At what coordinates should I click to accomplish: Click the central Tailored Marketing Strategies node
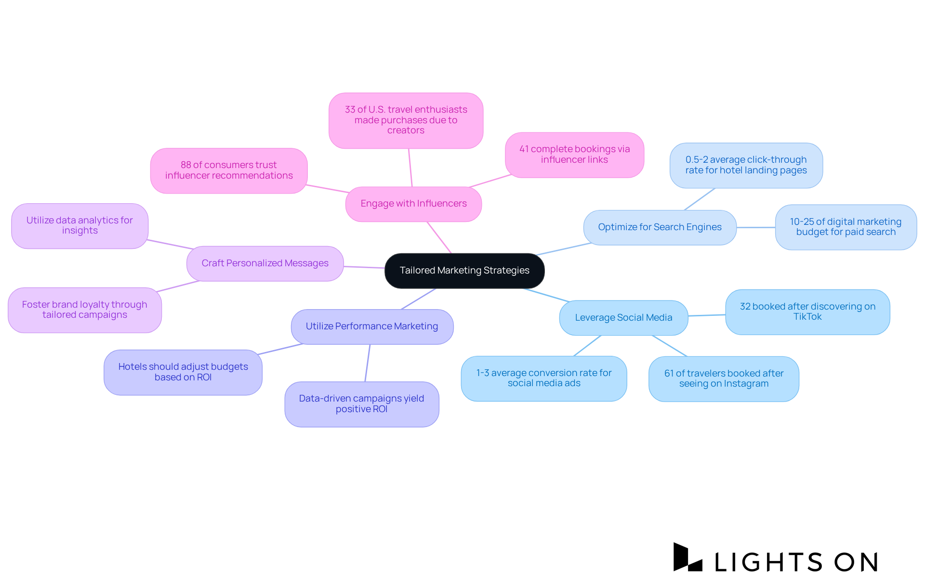coord(464,271)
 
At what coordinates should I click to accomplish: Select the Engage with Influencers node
coord(413,204)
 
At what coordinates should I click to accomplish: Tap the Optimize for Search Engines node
coord(660,227)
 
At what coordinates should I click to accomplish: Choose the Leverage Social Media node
coord(623,318)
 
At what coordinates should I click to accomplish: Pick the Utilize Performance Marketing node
coord(372,326)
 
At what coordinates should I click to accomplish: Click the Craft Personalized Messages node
coord(265,263)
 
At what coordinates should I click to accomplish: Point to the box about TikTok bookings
coord(807,312)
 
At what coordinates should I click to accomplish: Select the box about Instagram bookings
coord(724,378)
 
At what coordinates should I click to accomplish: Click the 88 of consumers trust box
coord(229,170)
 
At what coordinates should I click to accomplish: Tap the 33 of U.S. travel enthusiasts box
coord(406,120)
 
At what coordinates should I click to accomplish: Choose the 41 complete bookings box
coord(574,155)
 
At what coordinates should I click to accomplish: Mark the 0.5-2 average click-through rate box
coord(746,165)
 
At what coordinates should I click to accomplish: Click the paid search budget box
coord(846,227)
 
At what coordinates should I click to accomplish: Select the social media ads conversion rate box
coord(544,378)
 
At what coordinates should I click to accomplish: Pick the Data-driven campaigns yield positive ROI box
coord(361,404)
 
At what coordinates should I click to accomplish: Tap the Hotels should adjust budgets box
coord(183,372)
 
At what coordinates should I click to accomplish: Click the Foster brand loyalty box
coord(85,310)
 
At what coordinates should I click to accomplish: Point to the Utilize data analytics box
coord(79,225)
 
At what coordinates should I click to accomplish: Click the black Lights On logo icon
coord(687,558)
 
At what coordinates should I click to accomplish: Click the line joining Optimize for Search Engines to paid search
coord(755,227)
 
